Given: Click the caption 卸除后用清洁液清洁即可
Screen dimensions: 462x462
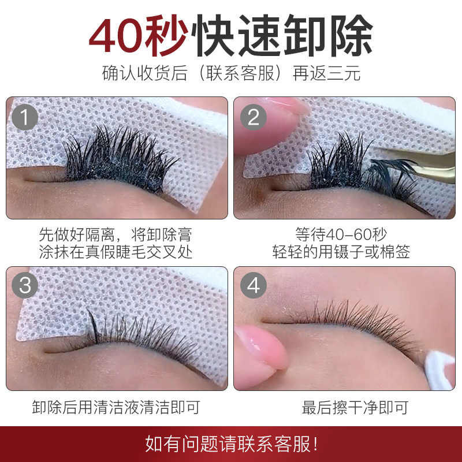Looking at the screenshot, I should tap(115, 408).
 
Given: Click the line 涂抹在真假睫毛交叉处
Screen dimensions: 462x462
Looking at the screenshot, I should tap(115, 252).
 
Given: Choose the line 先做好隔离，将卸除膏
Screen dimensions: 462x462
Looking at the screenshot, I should tap(115, 234).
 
